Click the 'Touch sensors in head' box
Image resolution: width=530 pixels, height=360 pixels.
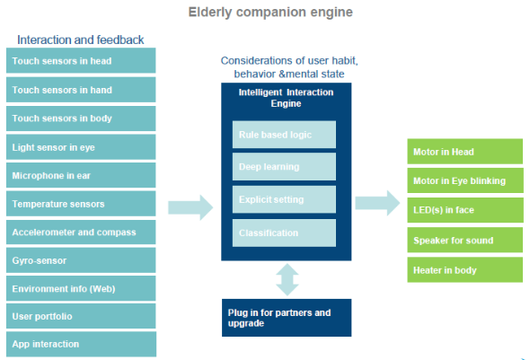click(x=81, y=60)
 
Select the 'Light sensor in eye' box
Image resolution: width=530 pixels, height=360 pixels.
click(x=81, y=147)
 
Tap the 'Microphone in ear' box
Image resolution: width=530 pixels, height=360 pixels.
click(x=81, y=175)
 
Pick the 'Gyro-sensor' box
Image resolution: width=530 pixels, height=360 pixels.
click(x=81, y=260)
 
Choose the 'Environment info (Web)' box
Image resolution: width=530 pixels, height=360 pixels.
click(x=81, y=288)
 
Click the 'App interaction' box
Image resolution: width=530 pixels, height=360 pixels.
click(x=81, y=344)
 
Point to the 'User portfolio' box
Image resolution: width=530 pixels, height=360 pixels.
click(x=81, y=316)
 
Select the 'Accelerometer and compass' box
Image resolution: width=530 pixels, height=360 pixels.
click(x=81, y=232)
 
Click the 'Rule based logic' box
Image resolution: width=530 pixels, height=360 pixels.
click(x=284, y=135)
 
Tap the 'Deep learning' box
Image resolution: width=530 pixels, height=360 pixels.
click(x=284, y=166)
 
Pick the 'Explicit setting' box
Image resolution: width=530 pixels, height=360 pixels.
click(x=284, y=199)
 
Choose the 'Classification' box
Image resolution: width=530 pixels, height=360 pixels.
click(x=284, y=233)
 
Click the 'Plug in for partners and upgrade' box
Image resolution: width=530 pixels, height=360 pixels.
click(x=287, y=318)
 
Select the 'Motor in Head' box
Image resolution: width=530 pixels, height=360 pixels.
click(x=465, y=152)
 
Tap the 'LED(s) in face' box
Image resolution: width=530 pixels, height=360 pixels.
click(x=465, y=210)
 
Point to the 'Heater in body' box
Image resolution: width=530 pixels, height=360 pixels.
click(x=465, y=270)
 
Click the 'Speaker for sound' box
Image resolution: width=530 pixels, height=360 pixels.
click(x=465, y=240)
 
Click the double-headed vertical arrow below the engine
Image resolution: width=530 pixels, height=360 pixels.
click(x=287, y=279)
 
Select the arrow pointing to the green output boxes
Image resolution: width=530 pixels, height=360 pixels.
click(x=377, y=203)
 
